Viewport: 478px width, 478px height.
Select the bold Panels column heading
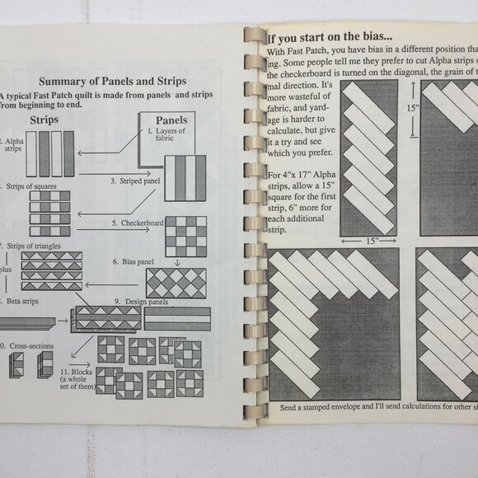coord(171,119)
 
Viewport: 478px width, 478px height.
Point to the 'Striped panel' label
coord(134,180)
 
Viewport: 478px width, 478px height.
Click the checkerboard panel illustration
coord(185,237)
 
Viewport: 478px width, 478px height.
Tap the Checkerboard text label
coord(138,223)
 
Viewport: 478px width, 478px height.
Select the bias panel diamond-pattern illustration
coord(176,283)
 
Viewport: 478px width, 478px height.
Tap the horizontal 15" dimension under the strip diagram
coord(369,241)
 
